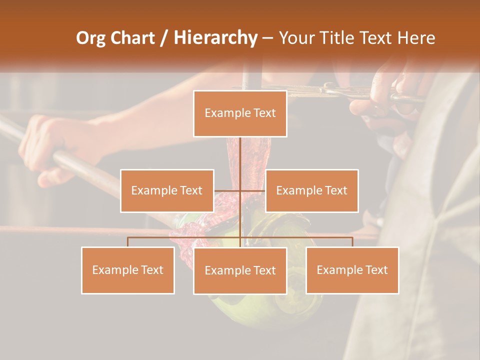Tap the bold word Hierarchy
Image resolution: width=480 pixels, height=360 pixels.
[215, 38]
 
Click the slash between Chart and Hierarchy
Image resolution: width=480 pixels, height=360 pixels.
[164, 38]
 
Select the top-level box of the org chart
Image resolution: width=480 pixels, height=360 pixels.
[240, 113]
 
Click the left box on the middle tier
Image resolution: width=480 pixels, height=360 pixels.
[167, 190]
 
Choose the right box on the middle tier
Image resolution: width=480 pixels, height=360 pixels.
[311, 190]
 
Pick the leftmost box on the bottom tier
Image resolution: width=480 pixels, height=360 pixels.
[128, 270]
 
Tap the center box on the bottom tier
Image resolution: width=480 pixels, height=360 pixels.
[240, 270]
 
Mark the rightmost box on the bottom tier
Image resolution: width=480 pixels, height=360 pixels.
[352, 270]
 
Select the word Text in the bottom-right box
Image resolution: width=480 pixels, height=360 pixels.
[376, 270]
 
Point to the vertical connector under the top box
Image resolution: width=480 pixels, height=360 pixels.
[240, 160]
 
